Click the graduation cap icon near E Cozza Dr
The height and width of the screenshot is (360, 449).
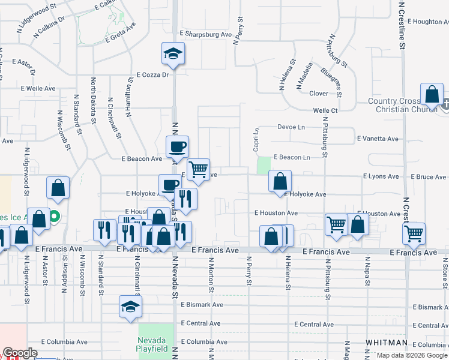coord(172,55)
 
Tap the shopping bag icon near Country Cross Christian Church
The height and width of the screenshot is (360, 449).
coord(432,95)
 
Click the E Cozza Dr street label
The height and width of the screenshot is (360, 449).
coord(153,75)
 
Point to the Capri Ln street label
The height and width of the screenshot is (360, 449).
coord(256,139)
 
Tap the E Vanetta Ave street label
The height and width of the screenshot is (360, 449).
coord(378,139)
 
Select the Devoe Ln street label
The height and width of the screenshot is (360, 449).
coord(291,127)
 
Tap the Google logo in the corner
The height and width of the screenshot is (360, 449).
coord(20,353)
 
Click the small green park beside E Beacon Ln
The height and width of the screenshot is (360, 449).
coord(263,166)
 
